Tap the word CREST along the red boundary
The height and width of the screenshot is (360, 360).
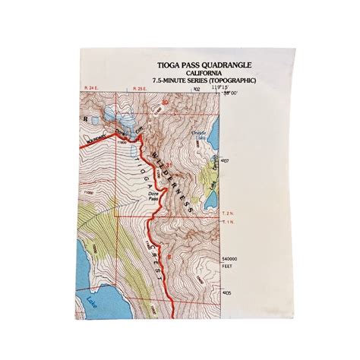(156, 262)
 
